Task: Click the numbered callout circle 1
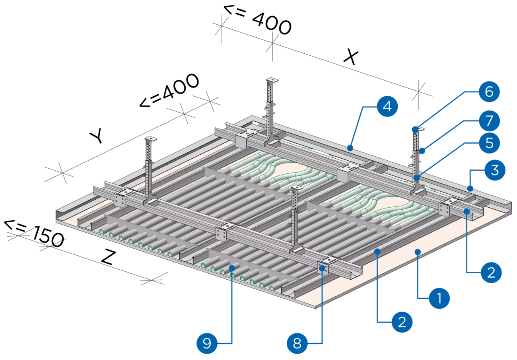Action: tap(439, 298)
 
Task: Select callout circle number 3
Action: tap(495, 170)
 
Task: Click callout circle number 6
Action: tap(489, 92)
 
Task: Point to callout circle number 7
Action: tap(489, 120)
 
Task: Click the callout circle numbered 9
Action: tap(207, 343)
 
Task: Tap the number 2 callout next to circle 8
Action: tap(402, 321)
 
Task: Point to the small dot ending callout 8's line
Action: tap(322, 269)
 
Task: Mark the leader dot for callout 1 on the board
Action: tap(417, 251)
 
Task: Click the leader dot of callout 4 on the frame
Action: tap(350, 148)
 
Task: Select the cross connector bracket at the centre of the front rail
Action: tap(223, 231)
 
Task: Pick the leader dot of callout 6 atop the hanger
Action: tap(415, 129)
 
